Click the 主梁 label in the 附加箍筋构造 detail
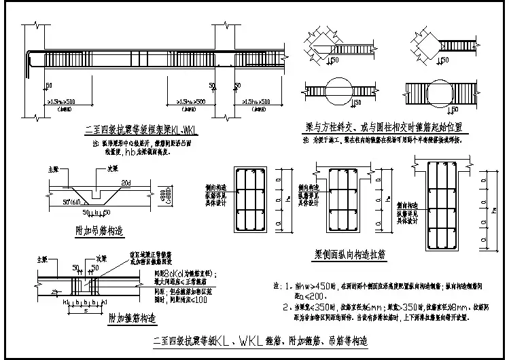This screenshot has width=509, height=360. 42,259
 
